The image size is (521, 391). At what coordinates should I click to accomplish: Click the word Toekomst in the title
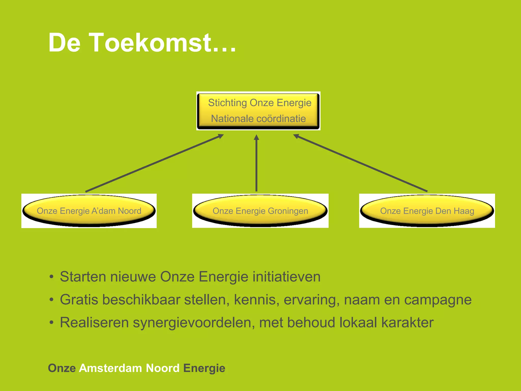[150, 43]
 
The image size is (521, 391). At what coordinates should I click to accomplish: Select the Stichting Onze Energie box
[258, 111]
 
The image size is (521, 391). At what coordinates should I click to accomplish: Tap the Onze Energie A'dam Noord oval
[89, 211]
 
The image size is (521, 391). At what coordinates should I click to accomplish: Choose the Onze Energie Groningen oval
[260, 211]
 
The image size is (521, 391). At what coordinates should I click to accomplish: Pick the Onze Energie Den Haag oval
[427, 211]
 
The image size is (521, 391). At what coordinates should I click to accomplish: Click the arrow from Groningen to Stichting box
[256, 163]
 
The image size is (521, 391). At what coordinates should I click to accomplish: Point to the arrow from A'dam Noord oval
[154, 163]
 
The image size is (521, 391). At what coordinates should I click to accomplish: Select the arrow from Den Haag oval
[360, 163]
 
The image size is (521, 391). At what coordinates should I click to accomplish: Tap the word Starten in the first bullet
[83, 277]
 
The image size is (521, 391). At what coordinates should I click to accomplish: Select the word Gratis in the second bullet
[79, 300]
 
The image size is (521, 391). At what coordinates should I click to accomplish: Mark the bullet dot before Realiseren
[52, 323]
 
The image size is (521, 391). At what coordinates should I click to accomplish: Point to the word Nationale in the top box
[232, 119]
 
